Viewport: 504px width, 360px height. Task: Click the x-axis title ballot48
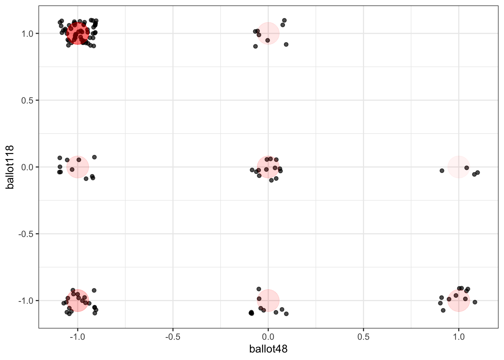268,349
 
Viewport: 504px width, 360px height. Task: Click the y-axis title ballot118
10,167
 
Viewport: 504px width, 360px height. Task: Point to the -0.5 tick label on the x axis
172,336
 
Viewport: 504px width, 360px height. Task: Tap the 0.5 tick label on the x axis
363,336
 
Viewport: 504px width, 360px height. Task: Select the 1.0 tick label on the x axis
458,336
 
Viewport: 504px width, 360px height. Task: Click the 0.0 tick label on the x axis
268,336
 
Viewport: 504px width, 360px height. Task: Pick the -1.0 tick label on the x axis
77,336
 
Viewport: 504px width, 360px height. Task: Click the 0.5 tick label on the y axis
27,100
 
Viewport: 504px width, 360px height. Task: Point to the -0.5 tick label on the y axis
26,234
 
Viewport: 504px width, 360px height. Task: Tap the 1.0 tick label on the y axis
27,34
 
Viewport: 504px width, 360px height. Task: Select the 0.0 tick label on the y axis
27,167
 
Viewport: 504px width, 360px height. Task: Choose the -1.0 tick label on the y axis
26,301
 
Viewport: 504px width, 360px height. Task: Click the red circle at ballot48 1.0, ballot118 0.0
458,167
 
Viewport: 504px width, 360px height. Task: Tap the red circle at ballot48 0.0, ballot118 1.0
268,33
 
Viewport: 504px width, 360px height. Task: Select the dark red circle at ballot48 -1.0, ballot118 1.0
78,33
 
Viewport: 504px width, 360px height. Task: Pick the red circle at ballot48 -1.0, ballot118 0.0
78,167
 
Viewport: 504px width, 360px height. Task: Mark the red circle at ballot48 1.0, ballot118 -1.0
458,300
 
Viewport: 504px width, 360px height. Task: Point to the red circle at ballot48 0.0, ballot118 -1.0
268,300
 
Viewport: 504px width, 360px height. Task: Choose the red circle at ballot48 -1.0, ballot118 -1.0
78,300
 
